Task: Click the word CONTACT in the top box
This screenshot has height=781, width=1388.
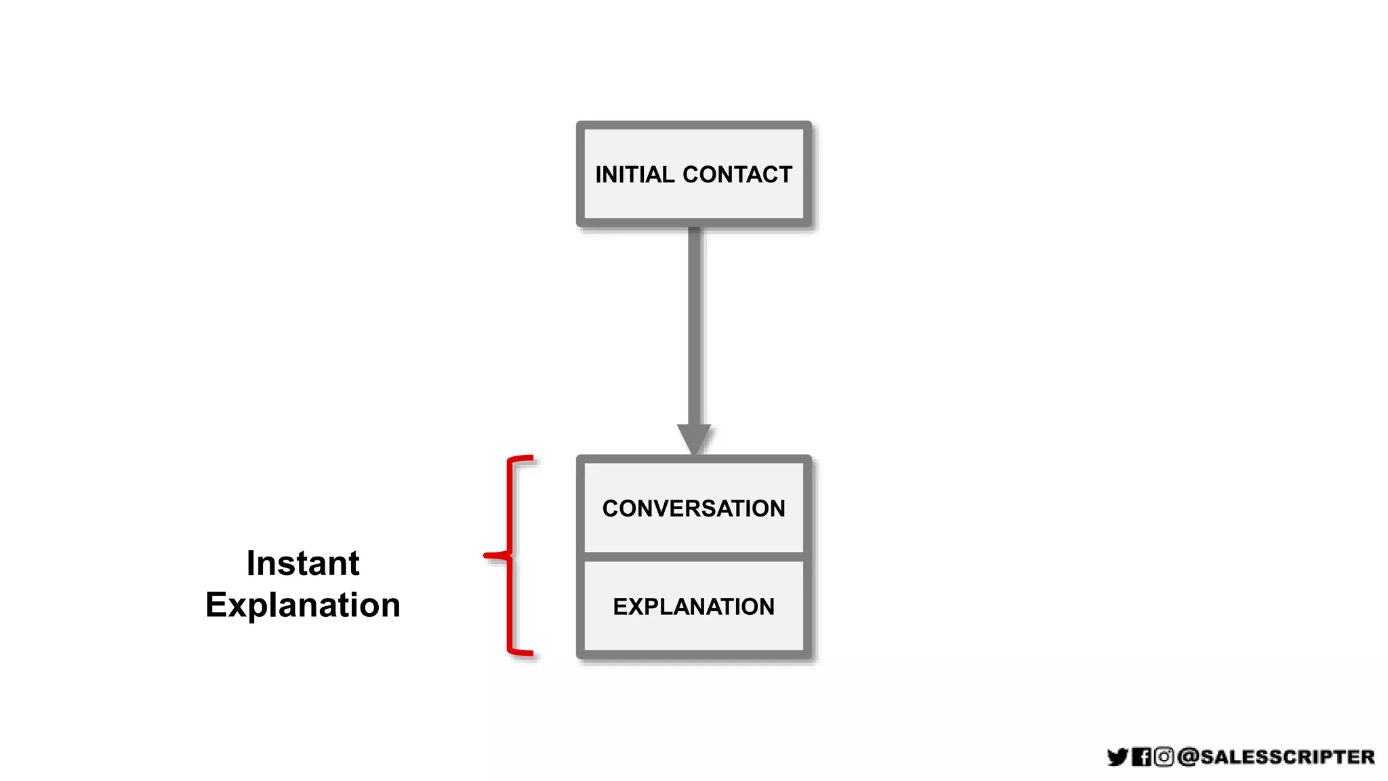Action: (x=737, y=175)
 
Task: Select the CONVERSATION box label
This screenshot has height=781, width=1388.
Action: (x=693, y=508)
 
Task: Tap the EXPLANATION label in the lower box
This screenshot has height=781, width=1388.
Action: (x=693, y=607)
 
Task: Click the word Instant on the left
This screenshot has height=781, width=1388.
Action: (x=302, y=563)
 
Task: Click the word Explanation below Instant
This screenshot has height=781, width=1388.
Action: (x=302, y=605)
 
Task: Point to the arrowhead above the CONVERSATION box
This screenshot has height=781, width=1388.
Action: (x=694, y=438)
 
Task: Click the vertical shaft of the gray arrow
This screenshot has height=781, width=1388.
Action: (x=694, y=325)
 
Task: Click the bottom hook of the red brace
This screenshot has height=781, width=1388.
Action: (x=522, y=653)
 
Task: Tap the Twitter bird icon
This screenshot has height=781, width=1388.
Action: (x=1117, y=757)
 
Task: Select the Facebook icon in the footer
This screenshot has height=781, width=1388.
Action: (x=1141, y=757)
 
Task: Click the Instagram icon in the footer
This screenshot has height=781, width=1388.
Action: (x=1164, y=757)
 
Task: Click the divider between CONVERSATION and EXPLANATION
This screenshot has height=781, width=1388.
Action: (x=693, y=557)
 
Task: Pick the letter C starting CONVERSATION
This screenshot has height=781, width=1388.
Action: (x=610, y=508)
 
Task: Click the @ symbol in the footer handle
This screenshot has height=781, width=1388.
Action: (x=1189, y=757)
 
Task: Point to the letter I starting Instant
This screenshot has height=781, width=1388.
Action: (x=250, y=563)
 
